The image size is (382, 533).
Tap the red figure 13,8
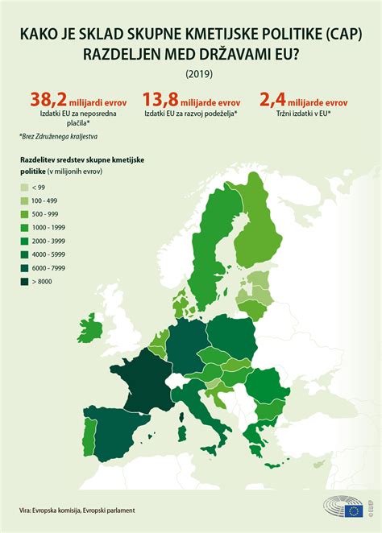click(x=160, y=100)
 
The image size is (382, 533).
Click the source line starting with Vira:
click(x=77, y=510)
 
